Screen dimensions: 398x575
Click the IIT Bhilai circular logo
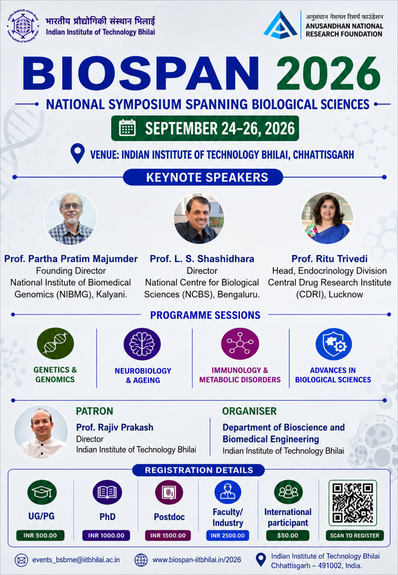pyautogui.click(x=23, y=27)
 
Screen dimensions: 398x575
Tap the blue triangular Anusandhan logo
pyautogui.click(x=280, y=25)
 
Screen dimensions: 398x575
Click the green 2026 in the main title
pyautogui.click(x=328, y=74)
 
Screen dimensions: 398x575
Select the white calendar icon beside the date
pyautogui.click(x=127, y=128)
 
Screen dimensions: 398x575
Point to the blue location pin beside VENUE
pyautogui.click(x=77, y=153)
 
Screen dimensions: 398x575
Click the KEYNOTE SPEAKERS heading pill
pyautogui.click(x=203, y=177)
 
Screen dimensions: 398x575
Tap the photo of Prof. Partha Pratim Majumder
pyautogui.click(x=70, y=218)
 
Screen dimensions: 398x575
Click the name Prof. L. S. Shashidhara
pyautogui.click(x=202, y=259)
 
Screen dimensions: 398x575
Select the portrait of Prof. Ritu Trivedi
pyautogui.click(x=327, y=218)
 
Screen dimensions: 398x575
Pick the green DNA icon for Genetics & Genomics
pyautogui.click(x=55, y=343)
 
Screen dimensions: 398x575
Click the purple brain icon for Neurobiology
pyautogui.click(x=142, y=344)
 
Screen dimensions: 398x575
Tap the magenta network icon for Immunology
pyautogui.click(x=240, y=343)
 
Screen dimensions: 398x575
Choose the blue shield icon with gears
pyautogui.click(x=333, y=344)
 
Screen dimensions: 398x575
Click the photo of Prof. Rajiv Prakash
pyautogui.click(x=41, y=432)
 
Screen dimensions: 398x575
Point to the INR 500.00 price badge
pyautogui.click(x=40, y=535)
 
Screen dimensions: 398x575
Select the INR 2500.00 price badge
pyautogui.click(x=228, y=535)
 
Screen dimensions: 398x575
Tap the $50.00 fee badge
pyautogui.click(x=287, y=535)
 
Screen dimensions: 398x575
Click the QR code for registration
pyautogui.click(x=353, y=503)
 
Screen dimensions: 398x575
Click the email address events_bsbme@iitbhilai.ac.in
pyautogui.click(x=76, y=560)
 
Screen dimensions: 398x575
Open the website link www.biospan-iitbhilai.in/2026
pyautogui.click(x=197, y=560)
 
